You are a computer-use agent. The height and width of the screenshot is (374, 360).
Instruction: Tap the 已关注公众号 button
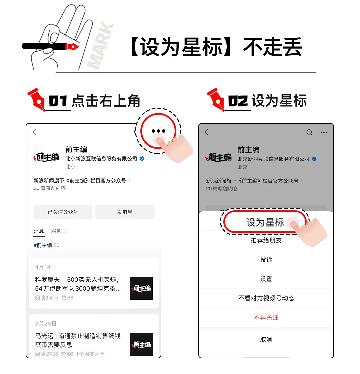(x=63, y=212)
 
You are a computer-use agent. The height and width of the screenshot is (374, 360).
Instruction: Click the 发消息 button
(x=125, y=212)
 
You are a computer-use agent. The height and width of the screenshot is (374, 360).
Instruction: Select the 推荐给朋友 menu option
(x=266, y=240)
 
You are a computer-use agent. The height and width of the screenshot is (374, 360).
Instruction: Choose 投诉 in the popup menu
(x=266, y=260)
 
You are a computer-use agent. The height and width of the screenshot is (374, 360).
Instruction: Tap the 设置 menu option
(x=266, y=279)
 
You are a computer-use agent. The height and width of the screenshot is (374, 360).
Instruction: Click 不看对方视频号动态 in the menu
(x=266, y=298)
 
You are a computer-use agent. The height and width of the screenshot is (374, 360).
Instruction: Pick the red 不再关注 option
(x=266, y=318)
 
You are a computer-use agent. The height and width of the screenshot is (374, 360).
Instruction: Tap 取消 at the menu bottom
(x=266, y=340)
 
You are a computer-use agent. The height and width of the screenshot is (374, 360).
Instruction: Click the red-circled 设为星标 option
(x=265, y=222)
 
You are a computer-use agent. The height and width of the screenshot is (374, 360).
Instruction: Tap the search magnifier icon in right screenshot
(x=309, y=133)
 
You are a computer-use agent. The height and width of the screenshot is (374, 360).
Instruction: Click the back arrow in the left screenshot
(x=34, y=132)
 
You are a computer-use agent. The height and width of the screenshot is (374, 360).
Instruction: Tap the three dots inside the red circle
(x=158, y=131)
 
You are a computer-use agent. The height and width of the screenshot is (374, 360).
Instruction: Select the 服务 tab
(x=56, y=231)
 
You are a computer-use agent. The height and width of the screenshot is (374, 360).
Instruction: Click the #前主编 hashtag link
(x=43, y=245)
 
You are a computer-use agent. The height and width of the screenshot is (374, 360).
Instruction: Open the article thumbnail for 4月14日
(x=141, y=288)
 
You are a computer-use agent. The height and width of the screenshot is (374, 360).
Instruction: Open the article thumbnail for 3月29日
(x=141, y=344)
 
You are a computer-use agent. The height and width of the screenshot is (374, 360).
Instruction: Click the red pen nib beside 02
(x=215, y=99)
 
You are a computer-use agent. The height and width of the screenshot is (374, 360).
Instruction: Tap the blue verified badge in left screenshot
(x=142, y=159)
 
